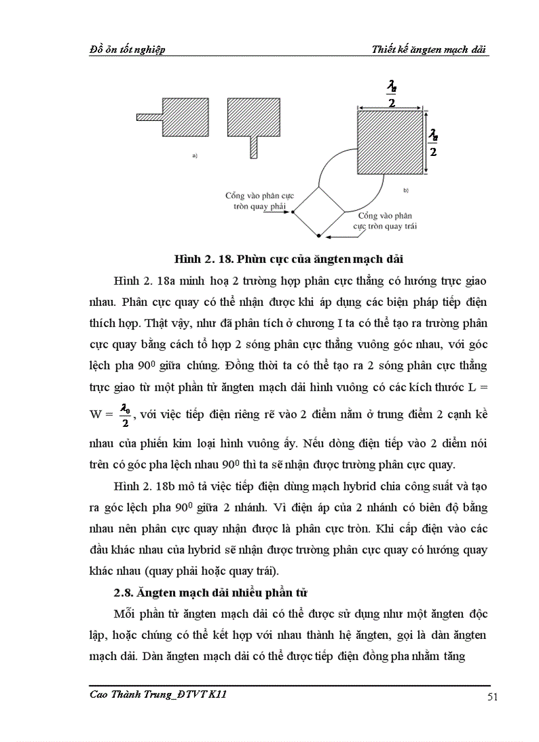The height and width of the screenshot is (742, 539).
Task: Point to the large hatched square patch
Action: click(x=390, y=142)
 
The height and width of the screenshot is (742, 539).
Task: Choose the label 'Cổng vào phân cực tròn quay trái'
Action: click(x=388, y=221)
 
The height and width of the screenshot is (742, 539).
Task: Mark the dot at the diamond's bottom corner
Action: click(x=318, y=235)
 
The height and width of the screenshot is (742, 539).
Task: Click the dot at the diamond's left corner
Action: click(x=293, y=211)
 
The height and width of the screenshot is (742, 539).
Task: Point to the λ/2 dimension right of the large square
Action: click(x=433, y=142)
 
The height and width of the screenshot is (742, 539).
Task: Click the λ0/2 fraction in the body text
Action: click(x=125, y=416)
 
